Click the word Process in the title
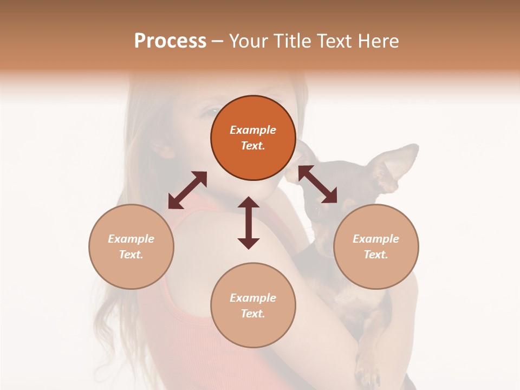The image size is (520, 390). (x=170, y=41)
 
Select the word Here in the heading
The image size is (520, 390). (x=378, y=41)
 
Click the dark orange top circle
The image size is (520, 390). (x=253, y=138)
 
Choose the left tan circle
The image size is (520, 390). (x=131, y=246)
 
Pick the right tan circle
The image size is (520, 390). (x=376, y=246)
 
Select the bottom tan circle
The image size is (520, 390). (x=253, y=305)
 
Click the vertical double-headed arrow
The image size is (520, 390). (x=249, y=223)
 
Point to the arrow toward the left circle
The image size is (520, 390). (x=187, y=190)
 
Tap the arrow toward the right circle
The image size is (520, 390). (x=318, y=185)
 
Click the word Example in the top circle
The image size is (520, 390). (x=253, y=130)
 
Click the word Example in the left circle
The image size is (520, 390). (x=131, y=239)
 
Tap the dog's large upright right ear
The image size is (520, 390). (x=398, y=165)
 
